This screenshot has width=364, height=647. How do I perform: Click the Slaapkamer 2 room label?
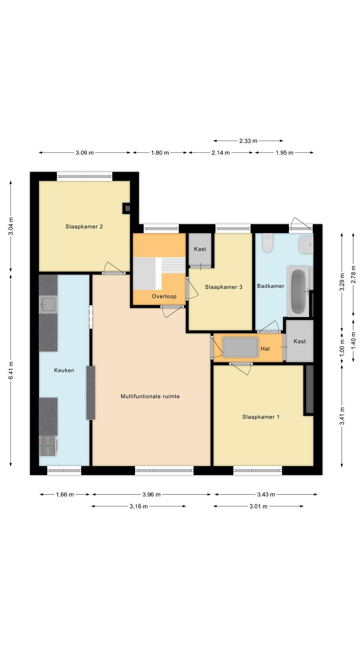tap(84, 227)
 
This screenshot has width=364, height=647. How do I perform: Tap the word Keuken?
tap(64, 370)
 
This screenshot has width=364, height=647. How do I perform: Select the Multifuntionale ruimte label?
tap(150, 397)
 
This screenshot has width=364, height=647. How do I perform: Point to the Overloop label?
tap(164, 296)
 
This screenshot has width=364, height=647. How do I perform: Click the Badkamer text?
tap(271, 286)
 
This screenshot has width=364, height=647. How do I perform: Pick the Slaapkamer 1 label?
tap(261, 417)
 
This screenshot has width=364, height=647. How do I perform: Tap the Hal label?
tap(265, 349)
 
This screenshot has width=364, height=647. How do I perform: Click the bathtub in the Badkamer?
tap(299, 292)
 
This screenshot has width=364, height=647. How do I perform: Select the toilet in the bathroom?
tap(268, 243)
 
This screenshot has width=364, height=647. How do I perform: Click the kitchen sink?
tap(48, 304)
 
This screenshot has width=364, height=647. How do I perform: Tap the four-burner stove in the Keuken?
tap(48, 445)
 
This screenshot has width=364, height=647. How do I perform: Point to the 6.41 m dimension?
tap(11, 370)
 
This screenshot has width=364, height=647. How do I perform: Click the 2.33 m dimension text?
tap(248, 141)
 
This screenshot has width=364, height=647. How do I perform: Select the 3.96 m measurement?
tap(151, 495)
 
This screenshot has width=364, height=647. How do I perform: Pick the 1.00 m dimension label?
tap(342, 351)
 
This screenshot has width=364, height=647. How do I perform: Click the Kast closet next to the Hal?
tap(300, 341)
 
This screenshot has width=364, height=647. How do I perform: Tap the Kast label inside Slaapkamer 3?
tap(200, 249)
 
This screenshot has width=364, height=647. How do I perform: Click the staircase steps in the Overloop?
tap(159, 273)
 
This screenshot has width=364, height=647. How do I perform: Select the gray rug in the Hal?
tap(240, 348)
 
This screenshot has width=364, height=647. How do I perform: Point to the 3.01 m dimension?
tap(258, 506)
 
